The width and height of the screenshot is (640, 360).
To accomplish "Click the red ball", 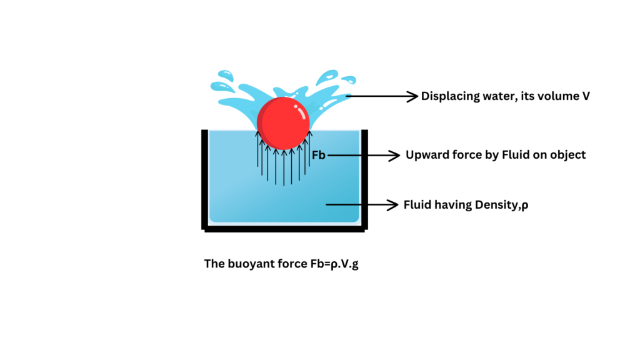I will pos(282,123).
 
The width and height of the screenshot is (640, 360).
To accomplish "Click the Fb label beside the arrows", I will pos(318,154).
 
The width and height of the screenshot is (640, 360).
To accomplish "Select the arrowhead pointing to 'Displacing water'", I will pos(412,96).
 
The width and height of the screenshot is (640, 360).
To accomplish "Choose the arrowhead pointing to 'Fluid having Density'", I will pos(393,204).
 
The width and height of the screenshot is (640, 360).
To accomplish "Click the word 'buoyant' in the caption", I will pos(250,264).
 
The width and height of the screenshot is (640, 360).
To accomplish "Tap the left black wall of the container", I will pos(204,178).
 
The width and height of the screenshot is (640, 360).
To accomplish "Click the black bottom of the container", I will pos(284,229).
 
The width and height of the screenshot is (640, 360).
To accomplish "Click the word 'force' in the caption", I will pos(289,264).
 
